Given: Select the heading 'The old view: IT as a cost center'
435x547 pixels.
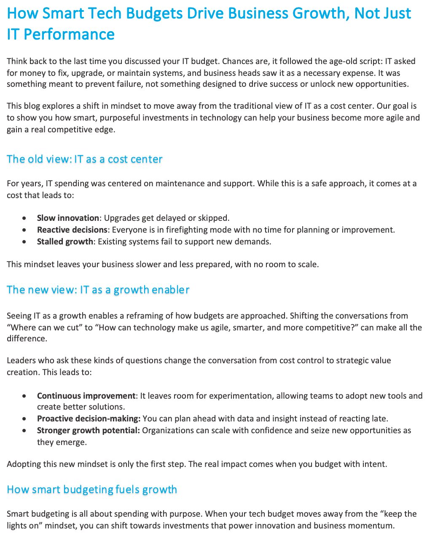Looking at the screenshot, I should (x=84, y=159).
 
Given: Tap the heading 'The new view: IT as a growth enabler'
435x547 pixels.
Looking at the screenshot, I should (x=98, y=290).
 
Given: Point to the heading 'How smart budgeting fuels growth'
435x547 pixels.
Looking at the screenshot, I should (x=92, y=490).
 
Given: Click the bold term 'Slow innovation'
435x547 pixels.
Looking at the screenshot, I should (x=68, y=218).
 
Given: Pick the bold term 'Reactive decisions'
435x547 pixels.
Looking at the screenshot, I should (x=72, y=230).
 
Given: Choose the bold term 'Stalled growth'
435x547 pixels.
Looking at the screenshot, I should (x=65, y=241).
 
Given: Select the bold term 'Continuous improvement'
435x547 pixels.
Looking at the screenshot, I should (x=86, y=396).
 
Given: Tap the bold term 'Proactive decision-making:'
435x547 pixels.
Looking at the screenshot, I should (x=89, y=418).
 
